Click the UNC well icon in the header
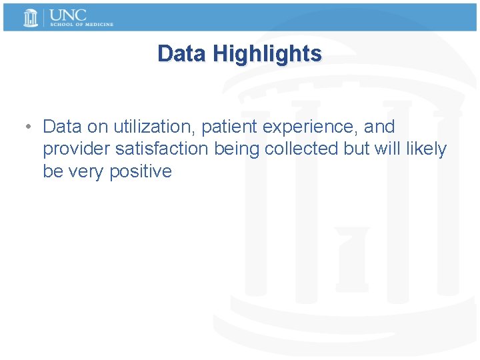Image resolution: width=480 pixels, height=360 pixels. (31, 17)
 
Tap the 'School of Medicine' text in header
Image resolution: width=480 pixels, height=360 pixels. (81, 25)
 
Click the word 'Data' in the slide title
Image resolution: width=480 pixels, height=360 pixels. (182, 54)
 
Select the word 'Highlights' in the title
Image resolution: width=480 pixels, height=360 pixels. (267, 54)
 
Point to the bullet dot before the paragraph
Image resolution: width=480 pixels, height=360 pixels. (24, 127)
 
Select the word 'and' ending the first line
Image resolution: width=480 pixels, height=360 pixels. (379, 127)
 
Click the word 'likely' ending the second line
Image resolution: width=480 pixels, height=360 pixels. (426, 149)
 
